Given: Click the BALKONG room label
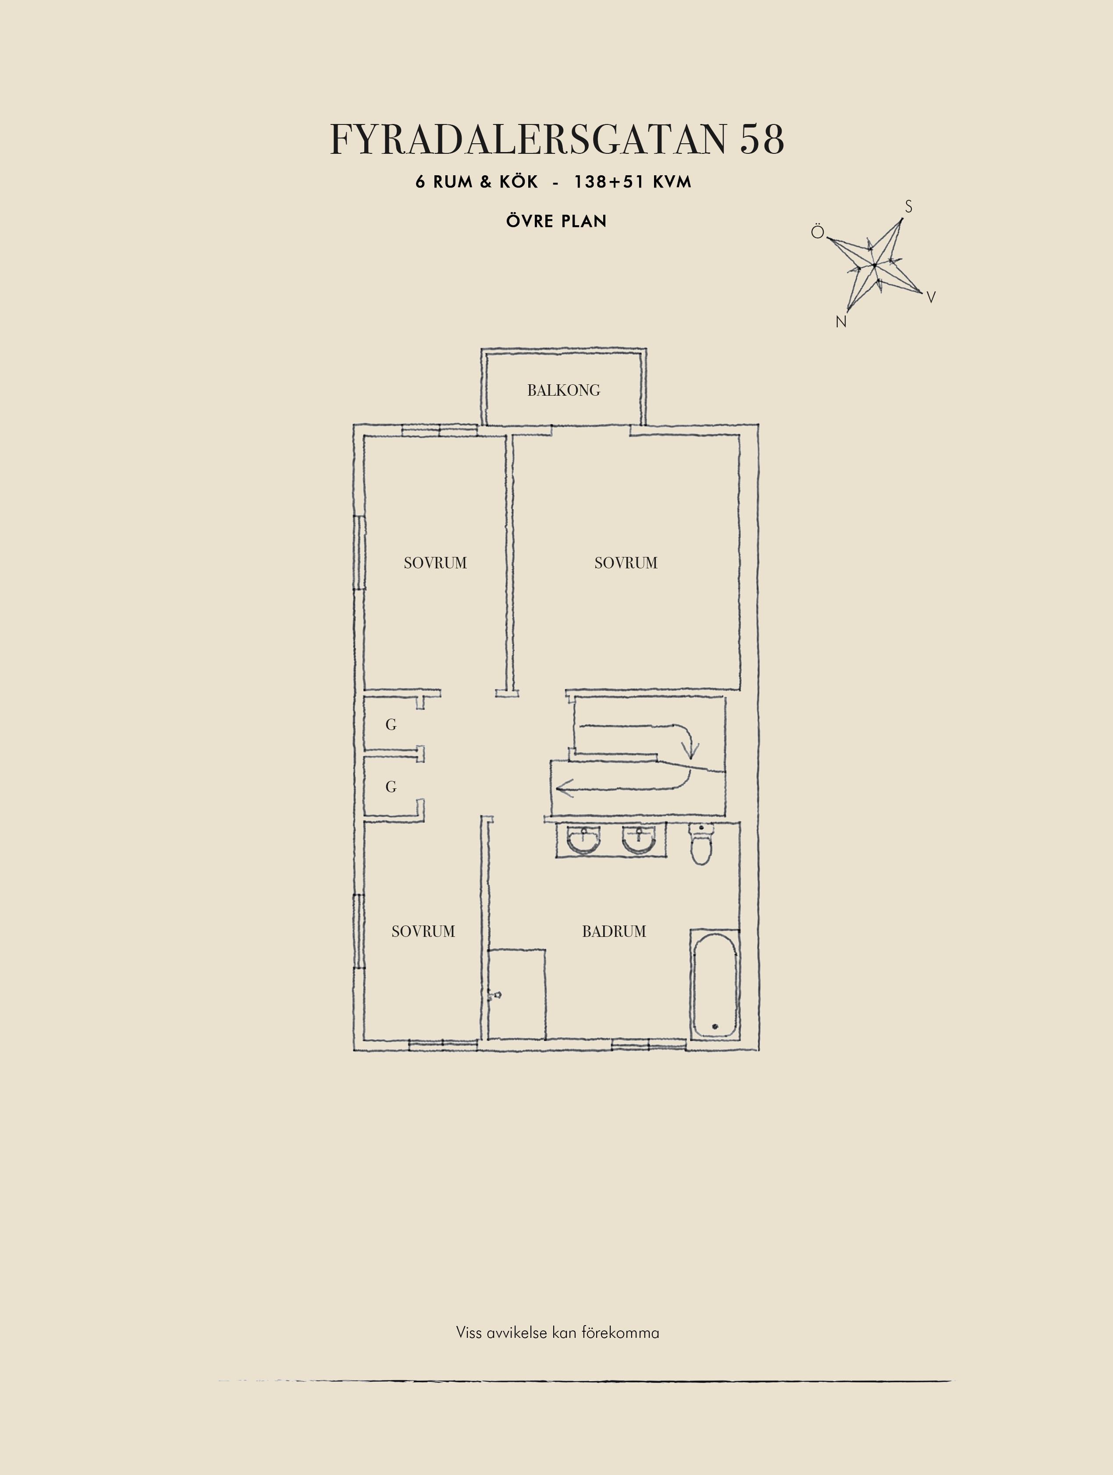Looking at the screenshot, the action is (x=563, y=390).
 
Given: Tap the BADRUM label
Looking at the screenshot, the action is (x=614, y=932).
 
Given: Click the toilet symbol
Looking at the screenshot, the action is (x=701, y=844).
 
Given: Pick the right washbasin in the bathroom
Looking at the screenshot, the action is (x=639, y=840).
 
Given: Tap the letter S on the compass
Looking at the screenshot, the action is (x=908, y=207).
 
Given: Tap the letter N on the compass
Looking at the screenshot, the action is (x=841, y=321).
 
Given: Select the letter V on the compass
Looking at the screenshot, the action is (x=932, y=298).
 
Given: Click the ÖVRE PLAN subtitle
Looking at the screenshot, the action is (x=557, y=221).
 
